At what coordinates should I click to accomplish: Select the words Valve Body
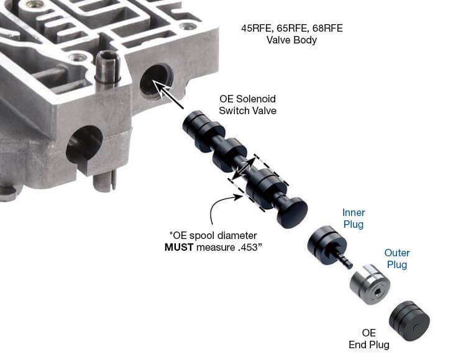point(291,40)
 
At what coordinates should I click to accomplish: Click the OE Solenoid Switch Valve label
point(247,105)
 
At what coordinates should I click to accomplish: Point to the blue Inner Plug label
point(354,218)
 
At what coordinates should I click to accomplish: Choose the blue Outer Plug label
point(397,259)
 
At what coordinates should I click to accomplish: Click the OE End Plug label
point(369,339)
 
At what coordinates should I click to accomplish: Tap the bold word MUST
point(179,247)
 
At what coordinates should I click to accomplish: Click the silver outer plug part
point(370,284)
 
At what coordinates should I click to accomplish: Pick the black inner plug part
point(327,245)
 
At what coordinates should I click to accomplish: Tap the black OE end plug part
point(409,321)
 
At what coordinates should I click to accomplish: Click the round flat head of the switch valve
point(292,212)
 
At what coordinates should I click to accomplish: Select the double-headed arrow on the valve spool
point(244,168)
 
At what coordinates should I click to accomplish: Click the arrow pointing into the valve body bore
point(168,94)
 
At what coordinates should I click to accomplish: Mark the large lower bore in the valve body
point(85,145)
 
